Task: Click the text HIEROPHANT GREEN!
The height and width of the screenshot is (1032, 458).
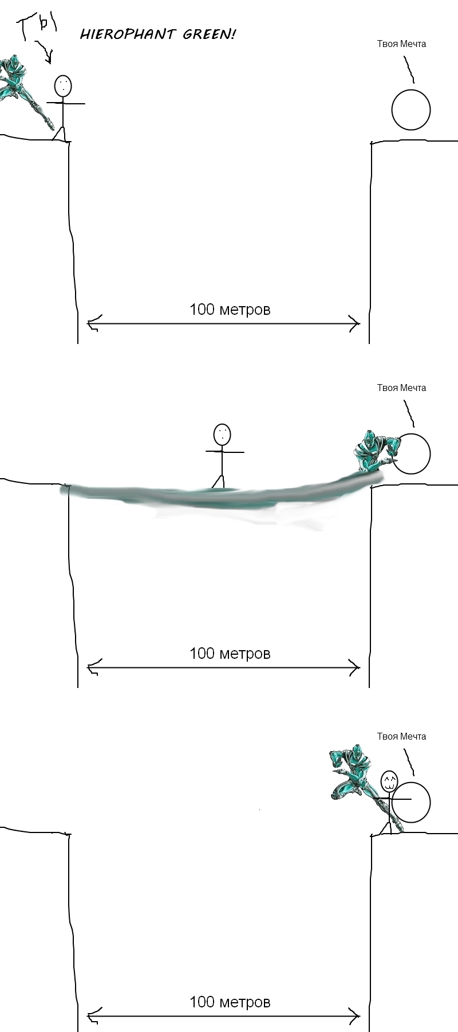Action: (157, 34)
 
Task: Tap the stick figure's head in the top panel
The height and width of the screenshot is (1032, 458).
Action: (63, 86)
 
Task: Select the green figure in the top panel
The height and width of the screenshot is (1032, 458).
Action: (26, 92)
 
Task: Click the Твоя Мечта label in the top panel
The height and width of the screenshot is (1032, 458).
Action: (401, 44)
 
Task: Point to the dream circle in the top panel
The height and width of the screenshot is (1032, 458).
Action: (411, 91)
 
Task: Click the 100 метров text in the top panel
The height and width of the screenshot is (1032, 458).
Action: (230, 310)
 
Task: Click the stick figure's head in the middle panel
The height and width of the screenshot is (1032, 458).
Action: (222, 434)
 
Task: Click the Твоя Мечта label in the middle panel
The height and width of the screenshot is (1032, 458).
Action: (401, 388)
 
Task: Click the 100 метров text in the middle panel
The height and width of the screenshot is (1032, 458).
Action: (230, 654)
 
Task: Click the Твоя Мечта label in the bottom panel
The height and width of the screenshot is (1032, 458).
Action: (401, 736)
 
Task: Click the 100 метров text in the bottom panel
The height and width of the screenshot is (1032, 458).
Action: (230, 1002)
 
